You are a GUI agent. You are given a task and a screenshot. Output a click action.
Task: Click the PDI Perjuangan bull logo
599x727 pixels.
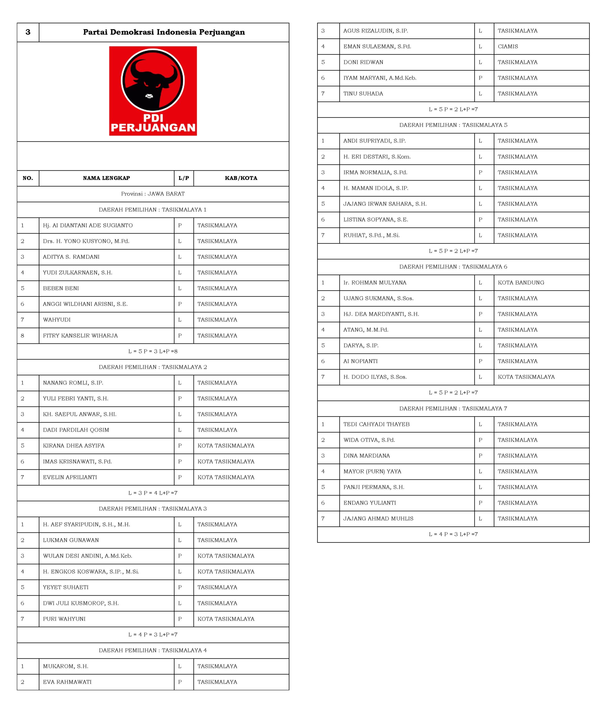click(x=153, y=91)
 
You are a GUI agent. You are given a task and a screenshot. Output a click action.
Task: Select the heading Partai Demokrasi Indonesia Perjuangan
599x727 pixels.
click(x=164, y=32)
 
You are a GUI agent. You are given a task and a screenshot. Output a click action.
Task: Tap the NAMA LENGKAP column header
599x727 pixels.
click(x=106, y=178)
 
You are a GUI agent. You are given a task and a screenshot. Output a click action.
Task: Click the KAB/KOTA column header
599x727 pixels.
click(x=241, y=178)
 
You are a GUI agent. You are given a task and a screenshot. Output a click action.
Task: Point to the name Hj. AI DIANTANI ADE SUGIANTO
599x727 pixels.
click(x=88, y=225)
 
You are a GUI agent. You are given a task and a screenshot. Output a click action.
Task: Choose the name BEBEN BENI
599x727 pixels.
click(x=61, y=288)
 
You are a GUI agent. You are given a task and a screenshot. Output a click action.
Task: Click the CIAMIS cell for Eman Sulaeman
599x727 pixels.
click(x=508, y=46)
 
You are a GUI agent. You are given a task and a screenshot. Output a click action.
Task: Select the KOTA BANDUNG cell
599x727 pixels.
click(x=521, y=283)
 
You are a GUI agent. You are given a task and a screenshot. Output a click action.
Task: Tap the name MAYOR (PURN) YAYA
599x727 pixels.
click(x=372, y=471)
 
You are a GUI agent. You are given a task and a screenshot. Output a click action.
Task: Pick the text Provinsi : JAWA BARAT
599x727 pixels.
click(x=153, y=194)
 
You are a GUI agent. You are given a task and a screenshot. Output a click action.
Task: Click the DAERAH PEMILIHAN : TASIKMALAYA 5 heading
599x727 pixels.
click(x=453, y=125)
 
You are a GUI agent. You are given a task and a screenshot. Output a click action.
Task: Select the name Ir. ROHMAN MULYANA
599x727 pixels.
click(x=375, y=283)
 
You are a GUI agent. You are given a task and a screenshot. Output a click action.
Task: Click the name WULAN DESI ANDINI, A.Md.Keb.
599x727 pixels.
click(x=87, y=556)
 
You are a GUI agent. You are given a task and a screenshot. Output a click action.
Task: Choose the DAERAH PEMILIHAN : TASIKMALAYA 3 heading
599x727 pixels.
click(x=153, y=509)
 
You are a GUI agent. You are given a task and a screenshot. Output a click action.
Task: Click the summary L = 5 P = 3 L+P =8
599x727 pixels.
click(x=153, y=351)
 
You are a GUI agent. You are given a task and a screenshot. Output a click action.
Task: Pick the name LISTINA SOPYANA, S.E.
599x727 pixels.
click(x=375, y=220)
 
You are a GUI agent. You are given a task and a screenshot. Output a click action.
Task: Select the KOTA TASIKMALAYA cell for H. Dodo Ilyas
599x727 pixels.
click(x=526, y=377)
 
